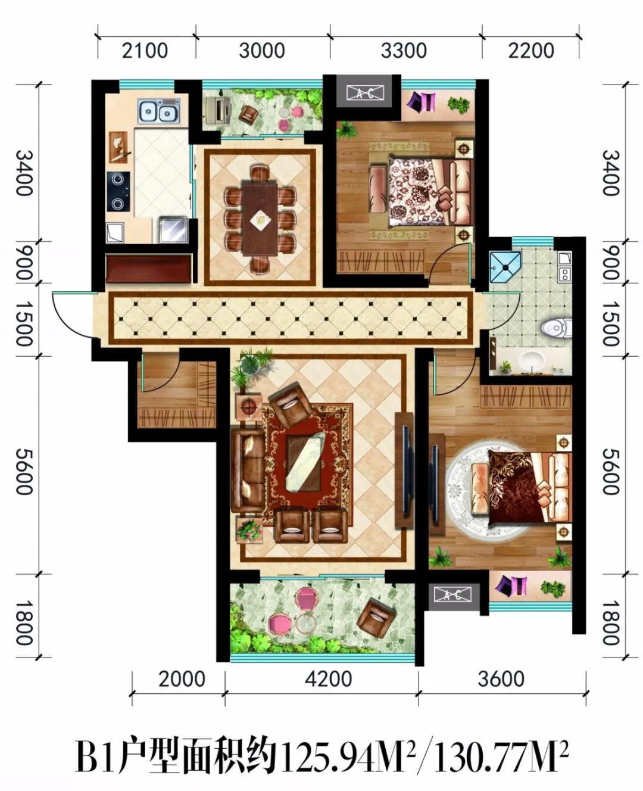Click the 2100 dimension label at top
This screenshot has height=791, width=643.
(x=145, y=51)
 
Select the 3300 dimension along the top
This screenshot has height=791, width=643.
(x=404, y=51)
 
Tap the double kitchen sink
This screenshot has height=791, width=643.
(x=158, y=111)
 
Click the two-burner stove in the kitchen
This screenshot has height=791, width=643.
(x=119, y=191)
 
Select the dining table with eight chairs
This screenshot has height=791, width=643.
(x=260, y=219)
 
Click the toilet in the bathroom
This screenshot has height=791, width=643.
(x=555, y=328)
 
